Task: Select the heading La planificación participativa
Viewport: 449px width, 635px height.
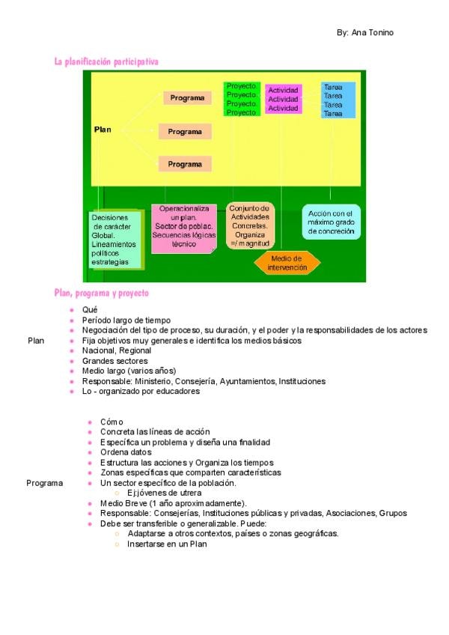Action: [106, 61]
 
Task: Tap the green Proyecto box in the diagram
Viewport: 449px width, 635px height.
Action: [242, 99]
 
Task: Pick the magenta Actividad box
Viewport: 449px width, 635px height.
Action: [284, 99]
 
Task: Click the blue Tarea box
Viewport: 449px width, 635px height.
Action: [337, 100]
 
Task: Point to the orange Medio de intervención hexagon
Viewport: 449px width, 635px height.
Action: [287, 263]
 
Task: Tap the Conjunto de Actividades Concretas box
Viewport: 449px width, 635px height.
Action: [250, 225]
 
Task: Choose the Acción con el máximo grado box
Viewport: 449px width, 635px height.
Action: [331, 222]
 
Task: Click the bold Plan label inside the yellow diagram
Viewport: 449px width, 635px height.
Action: [103, 130]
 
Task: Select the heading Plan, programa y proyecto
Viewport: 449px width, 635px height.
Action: [101, 293]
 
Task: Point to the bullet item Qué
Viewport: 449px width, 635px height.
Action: [90, 309]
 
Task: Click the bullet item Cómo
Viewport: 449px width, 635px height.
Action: [112, 422]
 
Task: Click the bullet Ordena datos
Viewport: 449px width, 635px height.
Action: [126, 452]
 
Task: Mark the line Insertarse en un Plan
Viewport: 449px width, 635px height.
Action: [166, 544]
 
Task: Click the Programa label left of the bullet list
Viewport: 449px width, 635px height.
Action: [44, 483]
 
